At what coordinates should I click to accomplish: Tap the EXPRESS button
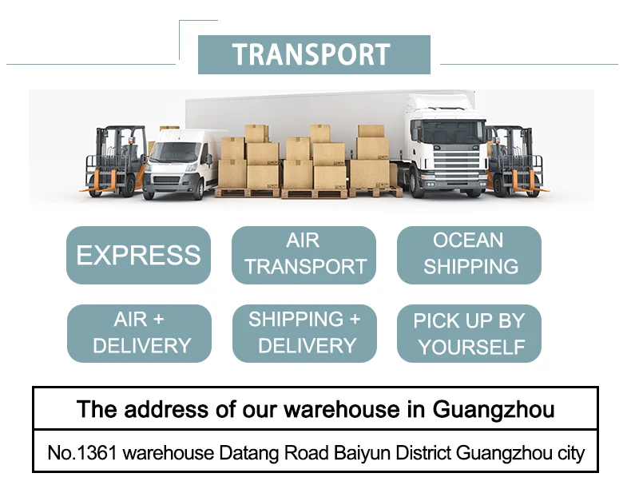[138, 255]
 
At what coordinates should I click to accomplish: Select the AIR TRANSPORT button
[304, 254]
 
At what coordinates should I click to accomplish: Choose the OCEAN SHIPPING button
[470, 254]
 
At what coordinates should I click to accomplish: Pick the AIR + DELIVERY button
[139, 333]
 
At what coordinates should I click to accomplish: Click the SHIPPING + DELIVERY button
[304, 333]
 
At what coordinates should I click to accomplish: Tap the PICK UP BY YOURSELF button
[470, 333]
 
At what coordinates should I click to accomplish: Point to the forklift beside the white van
[116, 160]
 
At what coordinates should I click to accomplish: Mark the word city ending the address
[570, 453]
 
